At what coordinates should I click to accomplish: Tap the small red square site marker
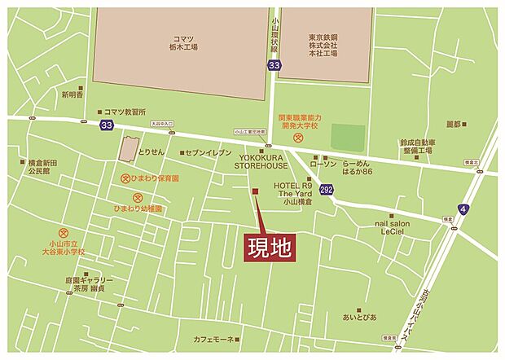[255, 192]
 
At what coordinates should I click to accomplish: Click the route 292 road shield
[327, 190]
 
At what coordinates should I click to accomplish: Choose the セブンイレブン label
[209, 152]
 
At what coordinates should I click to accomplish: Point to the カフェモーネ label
[213, 339]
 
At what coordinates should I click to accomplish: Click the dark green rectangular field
[348, 137]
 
